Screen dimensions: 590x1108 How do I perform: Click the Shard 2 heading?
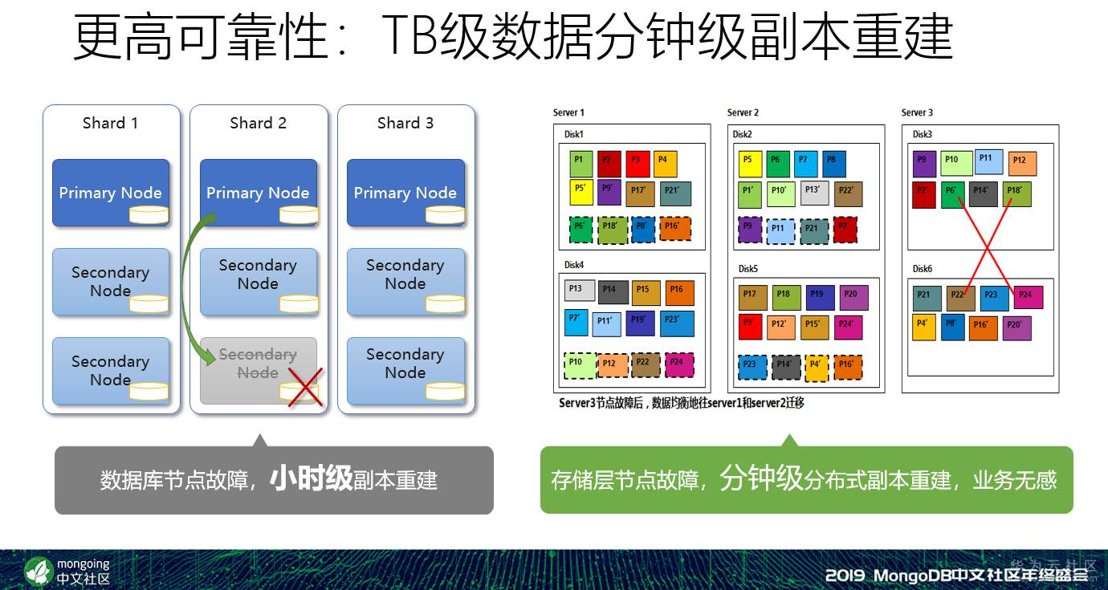coord(258,123)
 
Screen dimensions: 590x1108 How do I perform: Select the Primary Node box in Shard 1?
coord(110,193)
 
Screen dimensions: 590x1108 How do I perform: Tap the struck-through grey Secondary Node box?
coord(258,364)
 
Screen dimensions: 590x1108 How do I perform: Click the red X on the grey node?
coord(305,387)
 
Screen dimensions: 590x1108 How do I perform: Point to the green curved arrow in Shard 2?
coord(188,289)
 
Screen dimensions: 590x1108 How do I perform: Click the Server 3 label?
coord(917,113)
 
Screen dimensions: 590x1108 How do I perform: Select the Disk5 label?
coord(749,269)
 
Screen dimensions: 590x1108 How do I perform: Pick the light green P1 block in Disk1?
coord(580,164)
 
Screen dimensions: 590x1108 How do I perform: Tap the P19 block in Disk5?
coord(820,297)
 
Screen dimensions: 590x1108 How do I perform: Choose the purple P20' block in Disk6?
coord(1016,328)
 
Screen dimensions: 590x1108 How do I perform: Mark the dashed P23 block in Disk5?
coord(752,367)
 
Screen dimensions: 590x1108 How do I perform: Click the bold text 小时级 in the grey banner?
coord(311,478)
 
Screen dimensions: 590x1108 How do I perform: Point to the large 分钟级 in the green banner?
coord(761,478)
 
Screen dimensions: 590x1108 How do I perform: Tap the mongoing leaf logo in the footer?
coord(39,571)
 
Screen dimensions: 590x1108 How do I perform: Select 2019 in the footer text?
coord(845,575)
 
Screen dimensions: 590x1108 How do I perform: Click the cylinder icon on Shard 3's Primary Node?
coord(445,214)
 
